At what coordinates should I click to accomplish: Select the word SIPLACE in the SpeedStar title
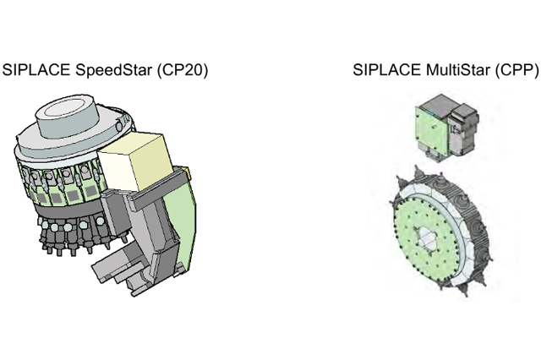tap(35, 69)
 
